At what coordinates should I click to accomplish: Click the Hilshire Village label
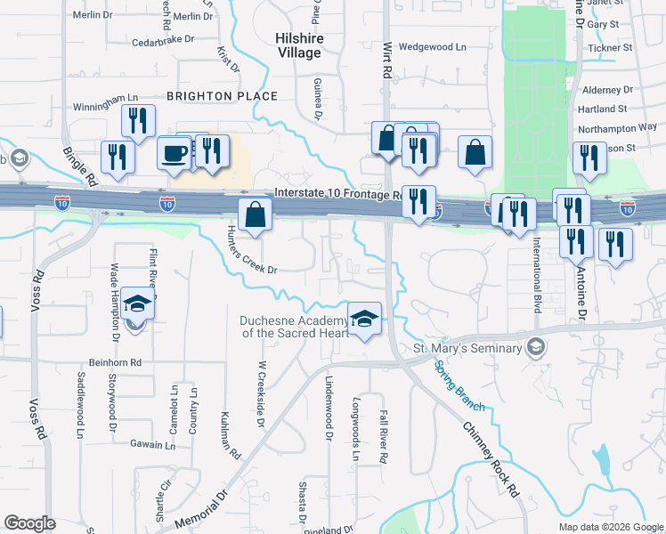(298, 45)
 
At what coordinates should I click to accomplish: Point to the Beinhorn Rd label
(116, 362)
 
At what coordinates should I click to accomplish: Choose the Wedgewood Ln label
(432, 46)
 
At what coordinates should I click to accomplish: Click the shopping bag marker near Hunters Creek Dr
(255, 214)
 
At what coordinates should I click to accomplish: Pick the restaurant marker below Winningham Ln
(138, 121)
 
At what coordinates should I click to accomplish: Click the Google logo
(29, 523)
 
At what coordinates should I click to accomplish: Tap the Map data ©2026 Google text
(610, 527)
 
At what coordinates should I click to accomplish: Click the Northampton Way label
(617, 127)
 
